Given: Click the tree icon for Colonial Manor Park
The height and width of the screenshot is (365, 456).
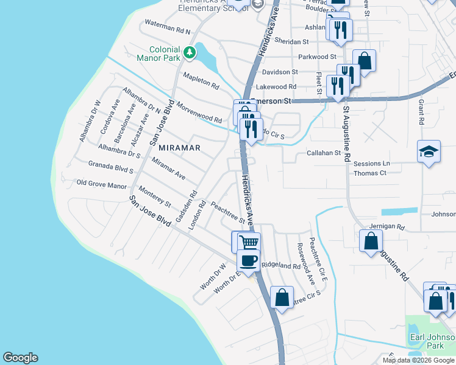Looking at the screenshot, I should coord(190,53).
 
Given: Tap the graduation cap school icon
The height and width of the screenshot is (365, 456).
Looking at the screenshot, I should coord(429,151).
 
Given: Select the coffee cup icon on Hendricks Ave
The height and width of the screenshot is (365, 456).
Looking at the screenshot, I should coord(248,260).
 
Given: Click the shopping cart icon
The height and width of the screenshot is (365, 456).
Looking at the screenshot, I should coord(249,242).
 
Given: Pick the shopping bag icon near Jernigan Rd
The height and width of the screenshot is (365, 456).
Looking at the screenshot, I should coord(371,241).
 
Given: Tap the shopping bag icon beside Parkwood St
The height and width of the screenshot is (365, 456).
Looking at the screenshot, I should coord(364,61).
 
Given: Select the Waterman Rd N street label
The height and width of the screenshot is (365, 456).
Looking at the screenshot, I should coord(167,27).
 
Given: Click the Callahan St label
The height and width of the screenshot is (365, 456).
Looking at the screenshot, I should coord(323,153).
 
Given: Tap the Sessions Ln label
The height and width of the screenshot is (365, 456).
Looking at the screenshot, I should coord(371,164).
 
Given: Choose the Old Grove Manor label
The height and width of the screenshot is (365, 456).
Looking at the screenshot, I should coord(101,184).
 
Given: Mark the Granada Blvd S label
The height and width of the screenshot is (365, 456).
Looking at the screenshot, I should coord(111,167).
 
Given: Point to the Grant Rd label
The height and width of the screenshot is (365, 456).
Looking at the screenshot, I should coord(421,113).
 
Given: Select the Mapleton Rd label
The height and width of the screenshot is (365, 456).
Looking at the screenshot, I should coord(201,80).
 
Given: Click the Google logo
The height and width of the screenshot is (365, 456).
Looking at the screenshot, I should coord(20,358).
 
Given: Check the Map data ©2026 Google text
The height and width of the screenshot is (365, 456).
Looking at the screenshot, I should coord(418,360).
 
